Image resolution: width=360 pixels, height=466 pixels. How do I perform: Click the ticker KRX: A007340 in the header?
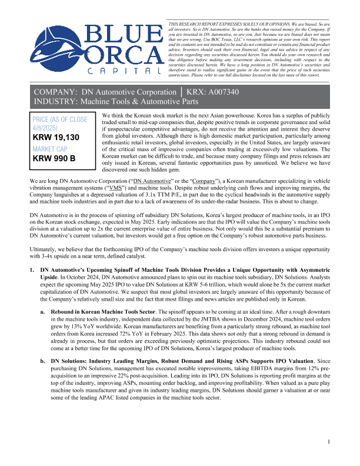[223, 93]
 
